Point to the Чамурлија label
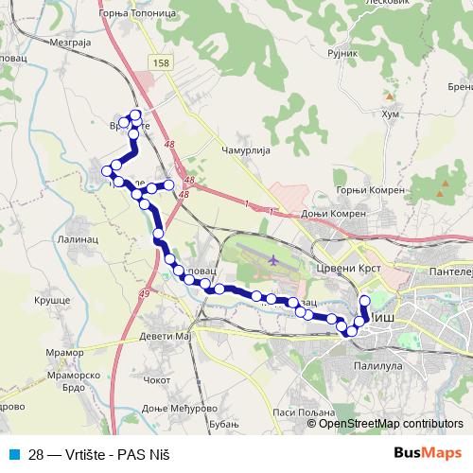246,151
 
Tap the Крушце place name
53,299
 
